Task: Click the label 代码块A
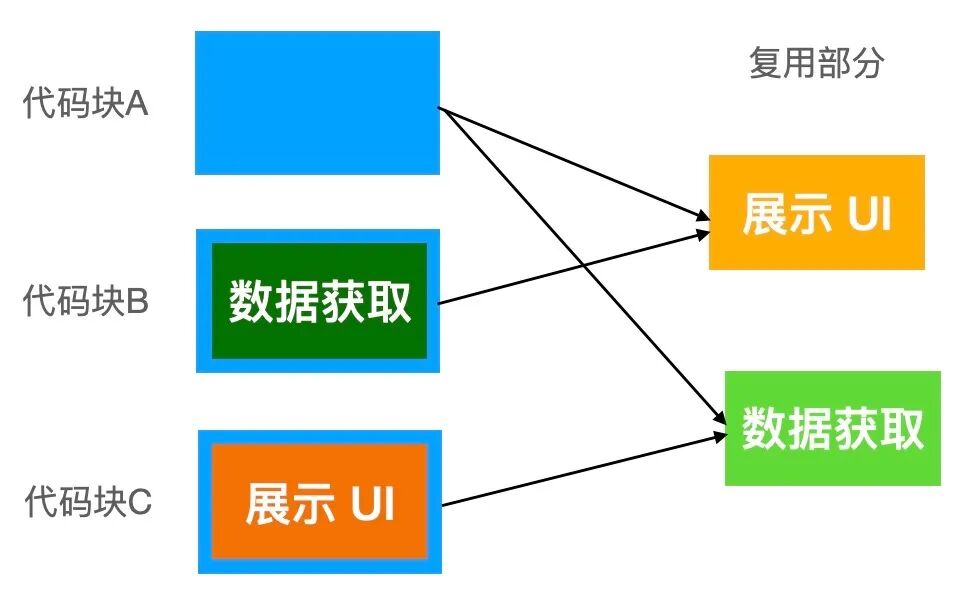pos(85,104)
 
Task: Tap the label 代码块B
pos(85,301)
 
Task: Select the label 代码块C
pos(88,500)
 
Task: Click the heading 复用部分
pos(816,64)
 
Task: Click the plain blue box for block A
pos(317,103)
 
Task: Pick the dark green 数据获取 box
pos(319,301)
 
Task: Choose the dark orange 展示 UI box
pos(319,502)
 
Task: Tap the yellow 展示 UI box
pos(816,212)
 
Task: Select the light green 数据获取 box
pos(832,428)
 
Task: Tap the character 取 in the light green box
pos(901,429)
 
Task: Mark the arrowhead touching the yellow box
pos(703,216)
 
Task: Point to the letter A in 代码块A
pos(138,104)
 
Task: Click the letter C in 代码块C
pos(140,500)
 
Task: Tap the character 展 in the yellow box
pos(764,214)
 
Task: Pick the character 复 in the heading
pos(764,64)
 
